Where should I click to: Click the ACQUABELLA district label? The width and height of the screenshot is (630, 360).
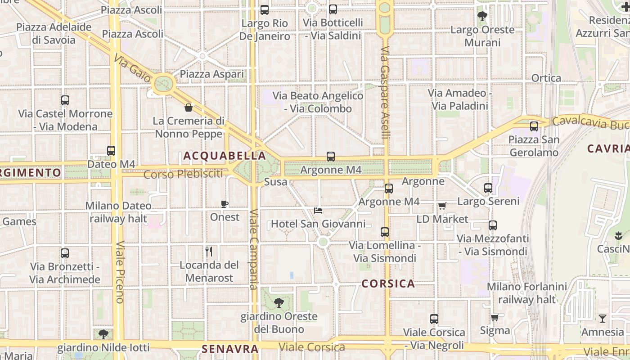[224, 156]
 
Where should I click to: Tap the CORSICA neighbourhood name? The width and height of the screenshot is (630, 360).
[388, 284]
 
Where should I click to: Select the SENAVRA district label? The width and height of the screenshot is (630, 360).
[230, 349]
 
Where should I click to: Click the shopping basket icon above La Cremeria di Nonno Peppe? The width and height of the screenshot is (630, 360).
[189, 108]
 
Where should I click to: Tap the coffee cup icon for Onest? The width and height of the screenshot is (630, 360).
[225, 204]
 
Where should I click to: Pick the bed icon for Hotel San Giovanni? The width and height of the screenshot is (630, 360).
[318, 210]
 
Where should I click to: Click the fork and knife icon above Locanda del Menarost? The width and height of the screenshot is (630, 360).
[209, 251]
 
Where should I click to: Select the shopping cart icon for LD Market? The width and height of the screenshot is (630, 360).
[442, 206]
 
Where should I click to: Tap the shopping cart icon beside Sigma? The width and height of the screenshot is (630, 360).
[495, 317]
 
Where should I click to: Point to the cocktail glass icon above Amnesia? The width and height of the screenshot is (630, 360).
[603, 319]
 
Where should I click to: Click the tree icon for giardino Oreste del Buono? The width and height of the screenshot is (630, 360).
[279, 302]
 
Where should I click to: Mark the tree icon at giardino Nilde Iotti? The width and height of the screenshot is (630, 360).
[103, 334]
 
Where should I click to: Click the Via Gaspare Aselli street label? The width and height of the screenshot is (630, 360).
[386, 92]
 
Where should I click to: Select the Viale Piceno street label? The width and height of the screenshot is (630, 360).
[119, 272]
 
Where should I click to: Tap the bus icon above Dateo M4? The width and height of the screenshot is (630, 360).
[111, 151]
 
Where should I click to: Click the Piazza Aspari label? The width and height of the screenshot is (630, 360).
[211, 74]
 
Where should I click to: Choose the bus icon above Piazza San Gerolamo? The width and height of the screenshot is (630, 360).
[534, 126]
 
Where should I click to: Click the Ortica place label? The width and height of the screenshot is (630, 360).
[546, 78]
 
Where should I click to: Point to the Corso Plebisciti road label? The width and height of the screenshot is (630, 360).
[183, 174]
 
